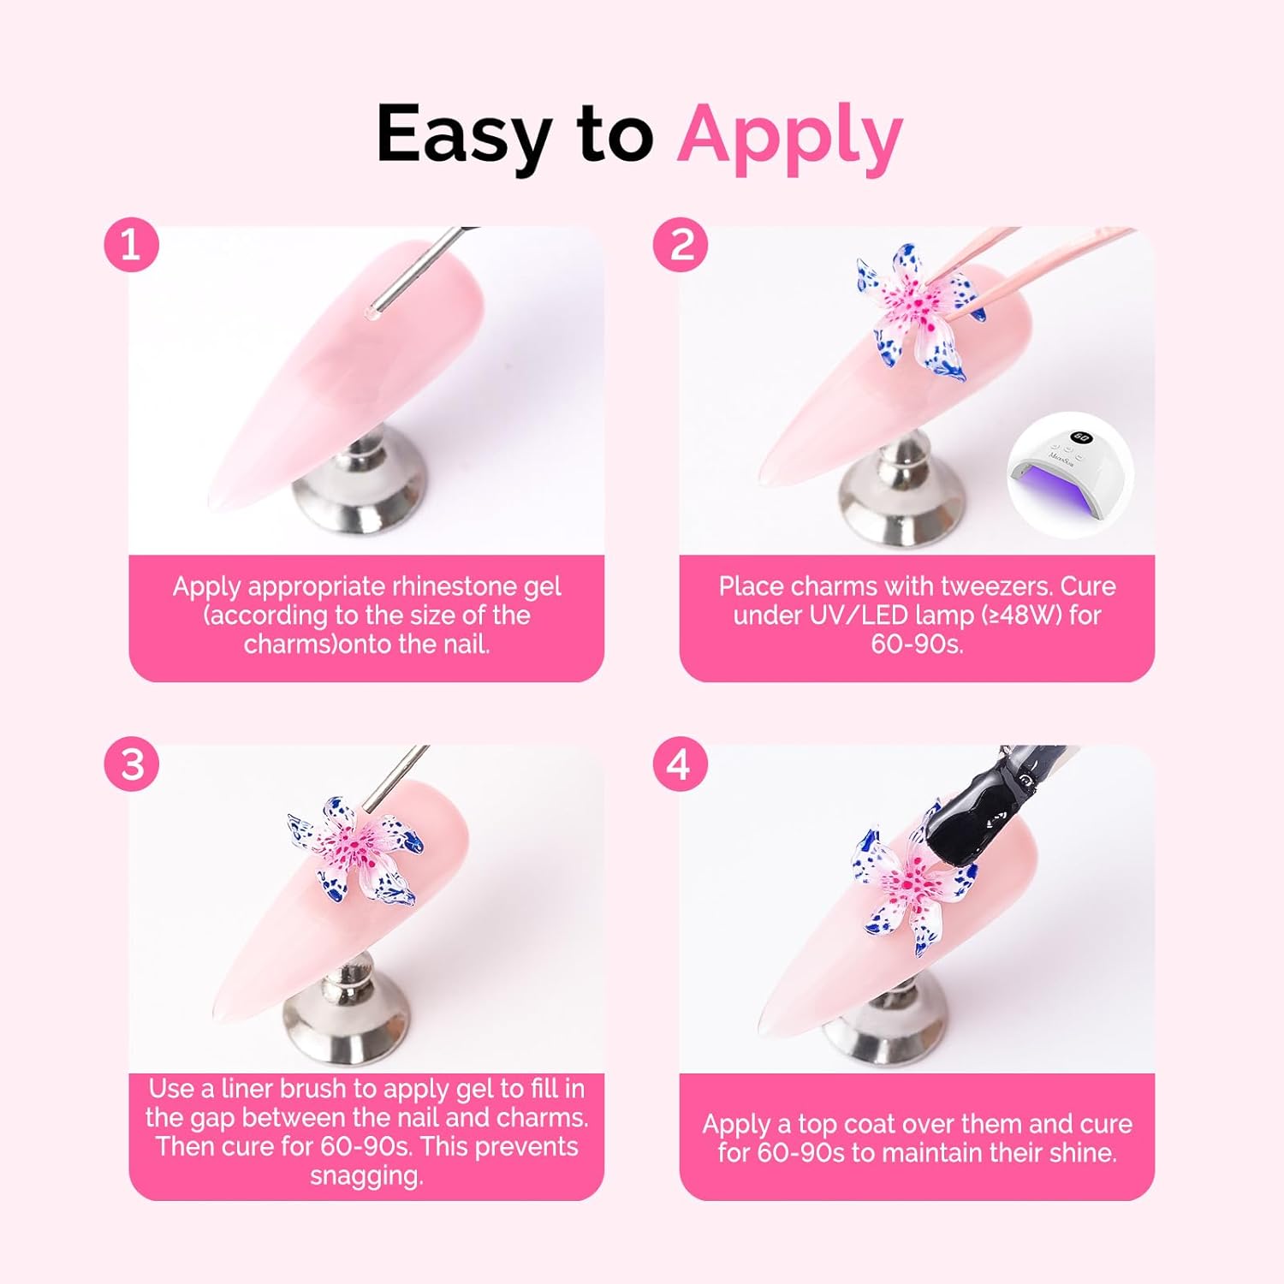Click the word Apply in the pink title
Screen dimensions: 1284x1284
(x=789, y=135)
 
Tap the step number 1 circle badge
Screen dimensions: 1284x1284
(x=132, y=246)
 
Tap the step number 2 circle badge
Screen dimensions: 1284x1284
(x=681, y=246)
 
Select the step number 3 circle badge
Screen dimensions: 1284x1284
(x=132, y=764)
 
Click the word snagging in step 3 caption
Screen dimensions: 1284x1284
(x=366, y=1176)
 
